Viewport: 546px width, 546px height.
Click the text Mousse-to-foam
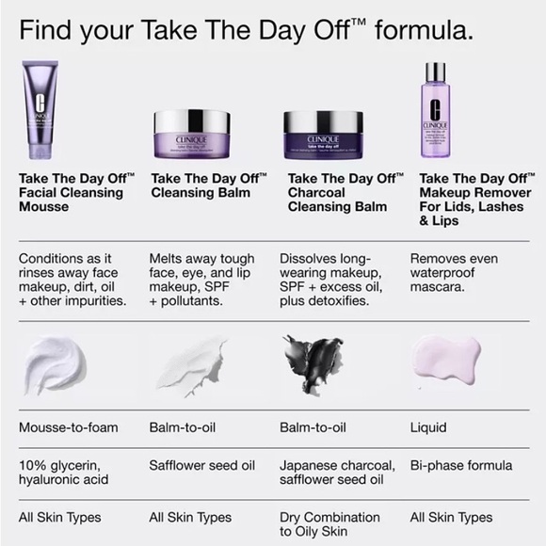pyautogui.click(x=69, y=427)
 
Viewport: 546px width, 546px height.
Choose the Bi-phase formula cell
pyautogui.click(x=461, y=465)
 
